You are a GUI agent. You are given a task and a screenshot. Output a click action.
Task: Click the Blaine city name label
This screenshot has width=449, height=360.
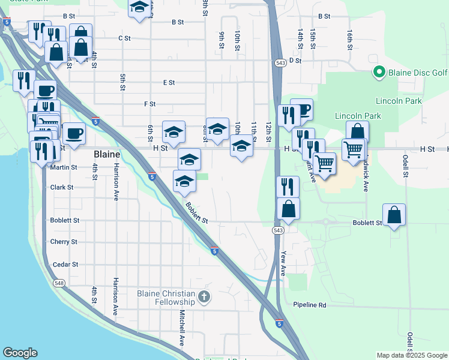(x=107, y=154)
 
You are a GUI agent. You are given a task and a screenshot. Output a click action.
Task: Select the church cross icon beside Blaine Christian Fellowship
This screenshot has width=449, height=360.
(x=204, y=296)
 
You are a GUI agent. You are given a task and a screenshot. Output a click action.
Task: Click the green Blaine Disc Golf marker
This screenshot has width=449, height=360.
(x=379, y=73)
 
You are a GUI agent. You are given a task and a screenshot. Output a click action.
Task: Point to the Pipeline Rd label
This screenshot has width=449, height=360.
(x=310, y=305)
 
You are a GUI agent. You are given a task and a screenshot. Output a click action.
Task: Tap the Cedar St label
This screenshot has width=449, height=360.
(x=65, y=265)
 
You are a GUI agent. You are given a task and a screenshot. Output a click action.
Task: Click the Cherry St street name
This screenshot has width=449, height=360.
(x=64, y=242)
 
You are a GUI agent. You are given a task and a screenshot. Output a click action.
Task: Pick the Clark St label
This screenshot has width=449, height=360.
(x=62, y=187)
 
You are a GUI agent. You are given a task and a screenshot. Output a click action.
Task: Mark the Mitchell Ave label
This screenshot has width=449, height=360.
(x=181, y=331)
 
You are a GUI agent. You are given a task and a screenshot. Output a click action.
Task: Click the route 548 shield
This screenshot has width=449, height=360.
(x=59, y=283)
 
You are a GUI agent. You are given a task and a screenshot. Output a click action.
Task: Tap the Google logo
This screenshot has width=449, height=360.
(x=20, y=353)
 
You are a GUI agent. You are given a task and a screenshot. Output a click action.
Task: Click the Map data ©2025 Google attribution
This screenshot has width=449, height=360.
(x=411, y=355)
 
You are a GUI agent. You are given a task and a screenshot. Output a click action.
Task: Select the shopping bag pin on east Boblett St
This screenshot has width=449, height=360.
(x=394, y=215)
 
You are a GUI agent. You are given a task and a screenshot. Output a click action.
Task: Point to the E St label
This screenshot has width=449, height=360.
(x=169, y=82)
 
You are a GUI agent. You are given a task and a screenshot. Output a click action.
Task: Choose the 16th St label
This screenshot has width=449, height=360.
(x=349, y=40)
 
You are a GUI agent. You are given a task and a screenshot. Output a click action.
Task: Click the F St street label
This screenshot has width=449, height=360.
(x=150, y=104)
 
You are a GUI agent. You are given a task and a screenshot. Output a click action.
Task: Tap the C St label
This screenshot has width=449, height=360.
(x=124, y=38)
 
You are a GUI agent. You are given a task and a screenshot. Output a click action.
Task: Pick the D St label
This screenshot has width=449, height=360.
(x=295, y=61)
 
